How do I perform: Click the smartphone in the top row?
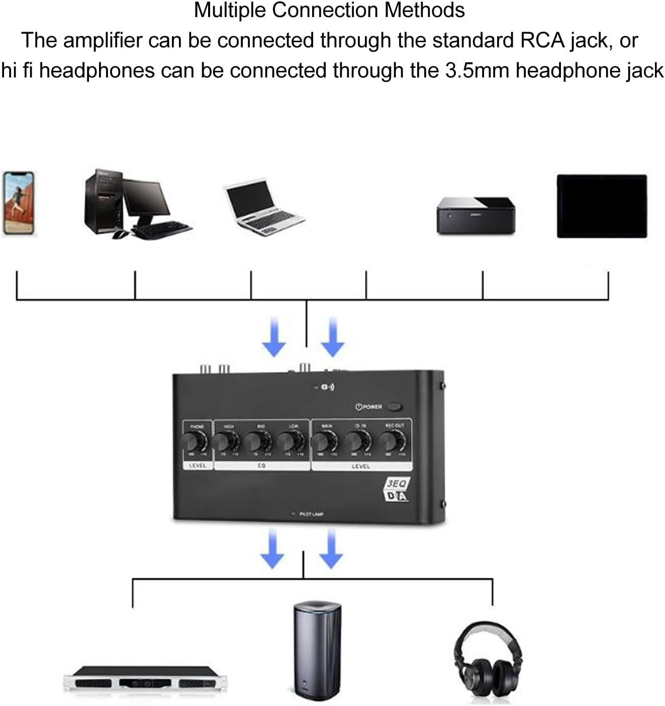pyautogui.click(x=19, y=203)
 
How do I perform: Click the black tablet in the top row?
pyautogui.click(x=602, y=206)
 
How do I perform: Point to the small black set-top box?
pyautogui.click(x=476, y=215)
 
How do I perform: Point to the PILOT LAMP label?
pyautogui.click(x=311, y=514)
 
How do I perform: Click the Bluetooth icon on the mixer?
pyautogui.click(x=327, y=387)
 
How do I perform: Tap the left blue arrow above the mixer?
pyautogui.click(x=274, y=337)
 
